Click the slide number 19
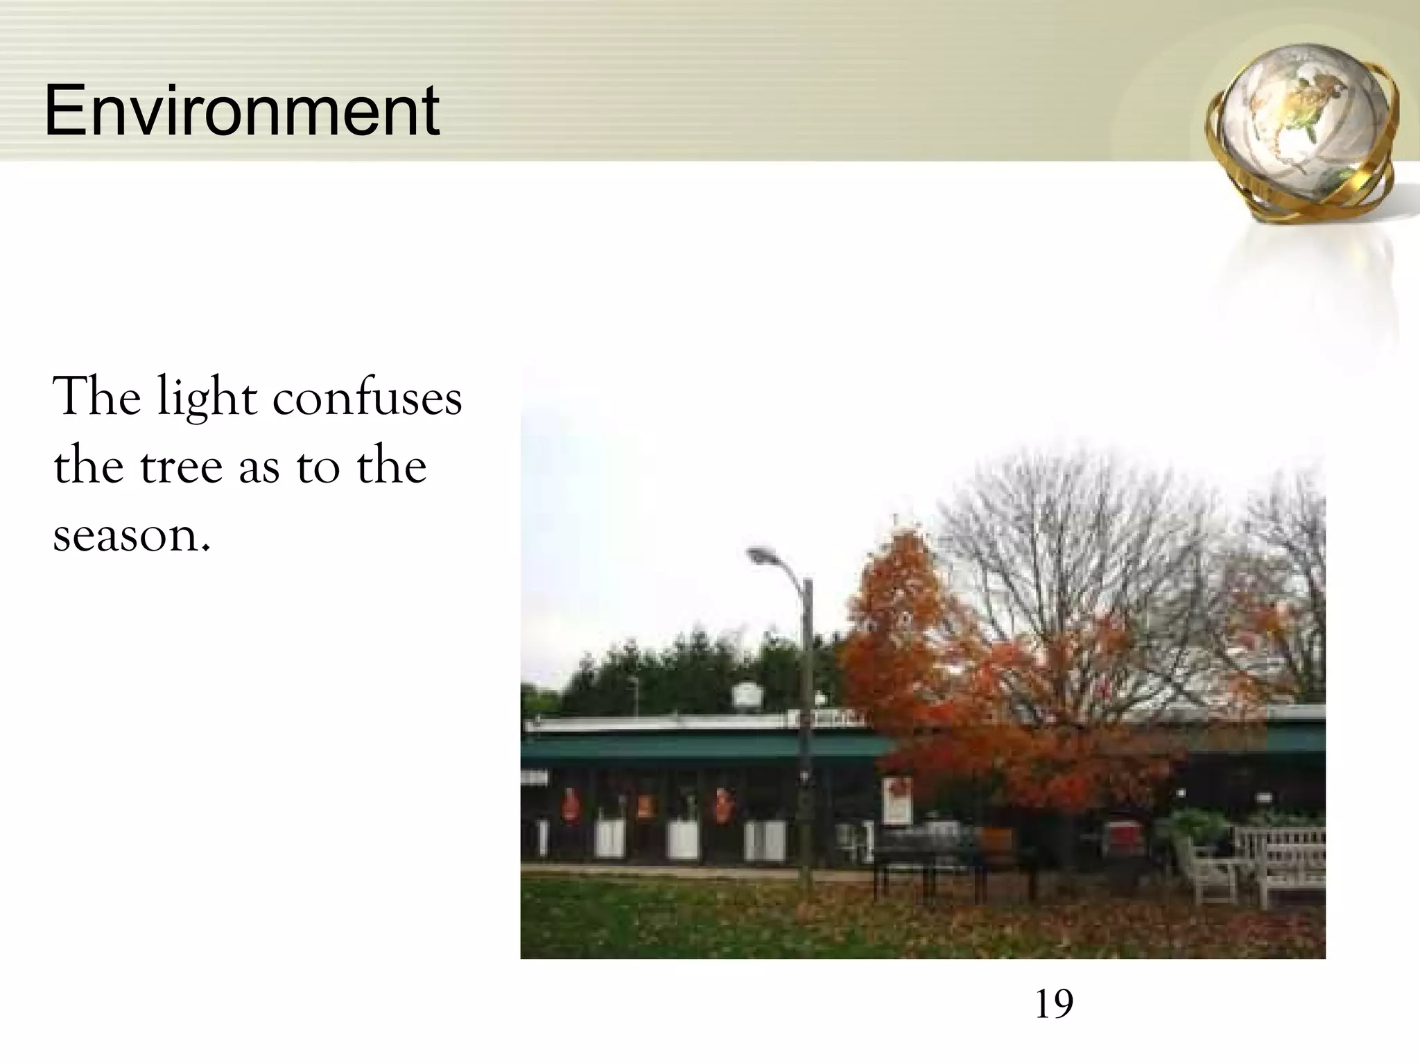point(1053,1004)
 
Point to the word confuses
point(367,399)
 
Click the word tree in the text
point(181,466)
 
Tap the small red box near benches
point(1123,837)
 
